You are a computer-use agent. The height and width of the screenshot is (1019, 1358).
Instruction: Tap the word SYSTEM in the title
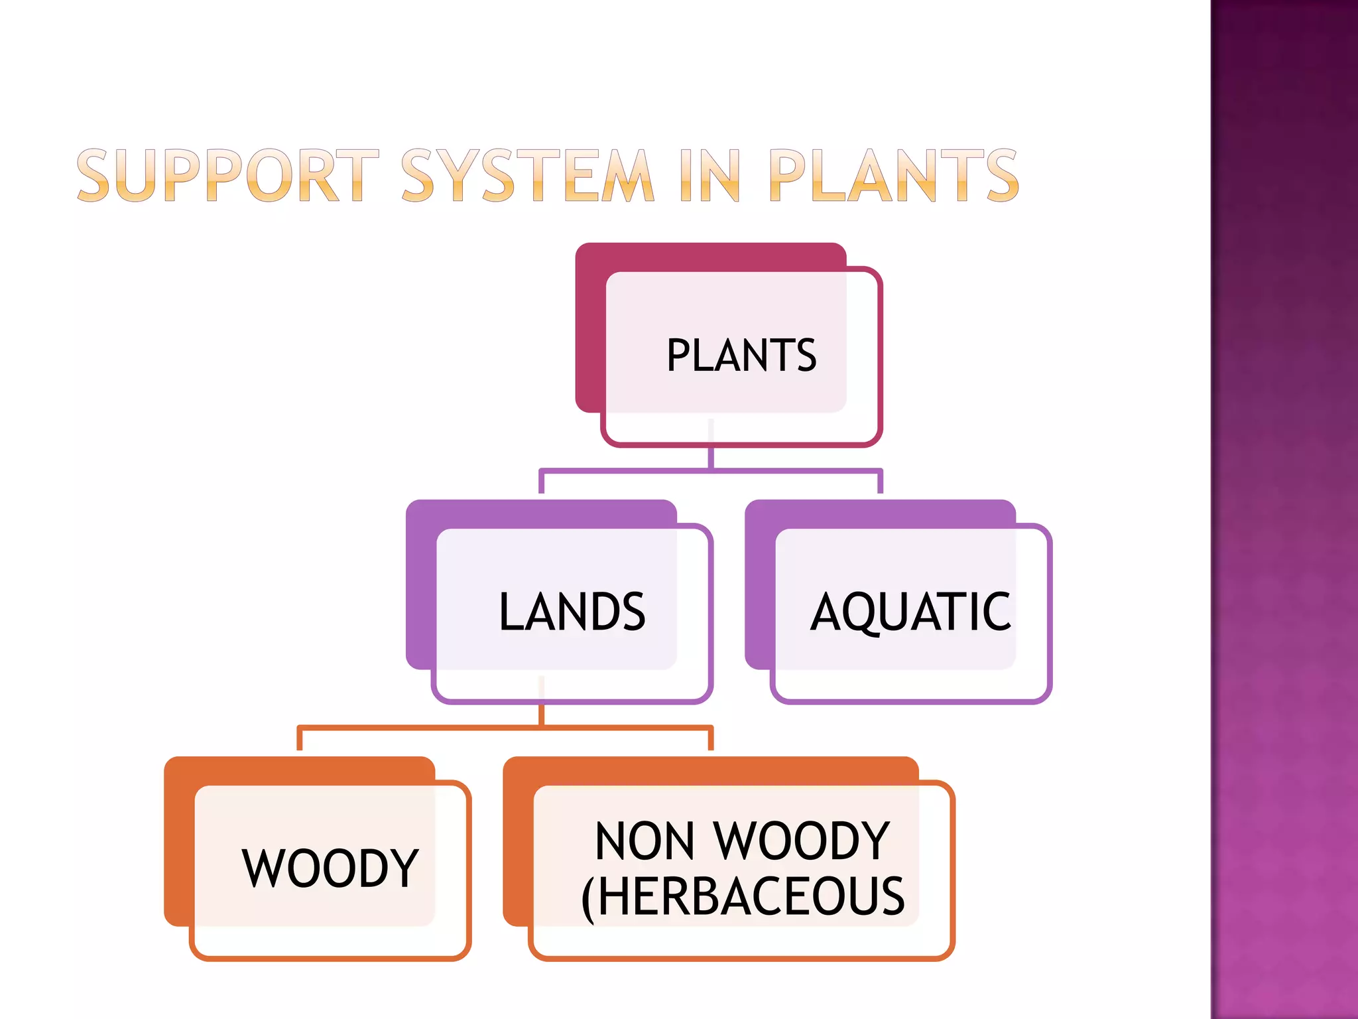pos(528,176)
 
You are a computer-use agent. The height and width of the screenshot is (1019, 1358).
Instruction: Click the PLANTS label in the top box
pos(741,356)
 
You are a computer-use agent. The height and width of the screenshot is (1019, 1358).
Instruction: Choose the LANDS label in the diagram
pos(572,612)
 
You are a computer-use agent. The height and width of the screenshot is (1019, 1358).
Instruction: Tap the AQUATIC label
pos(910,612)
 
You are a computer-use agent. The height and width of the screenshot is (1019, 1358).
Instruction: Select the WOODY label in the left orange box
pos(330,868)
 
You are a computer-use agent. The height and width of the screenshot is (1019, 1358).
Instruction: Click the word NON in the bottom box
pos(645,841)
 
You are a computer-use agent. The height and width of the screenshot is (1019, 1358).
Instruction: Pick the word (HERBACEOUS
pos(743,897)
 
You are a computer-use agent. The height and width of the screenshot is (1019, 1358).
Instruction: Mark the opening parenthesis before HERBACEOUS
pos(587,899)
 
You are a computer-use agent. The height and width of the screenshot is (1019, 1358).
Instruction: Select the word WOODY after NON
pos(802,841)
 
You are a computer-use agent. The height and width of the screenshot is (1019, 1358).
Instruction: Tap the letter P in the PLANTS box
pos(679,356)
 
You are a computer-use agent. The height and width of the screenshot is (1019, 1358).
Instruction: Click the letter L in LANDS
pos(511,612)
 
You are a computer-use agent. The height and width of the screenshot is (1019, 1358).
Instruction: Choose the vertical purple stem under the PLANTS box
pos(711,458)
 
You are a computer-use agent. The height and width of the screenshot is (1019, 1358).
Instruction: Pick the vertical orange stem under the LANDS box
pos(542,714)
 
